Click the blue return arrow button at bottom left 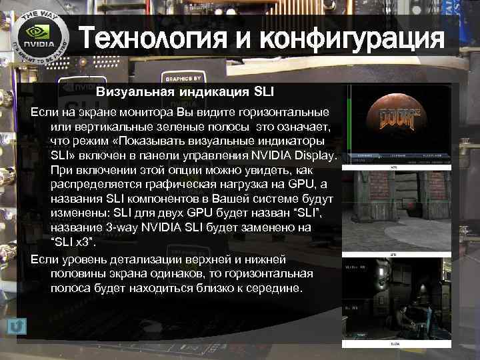click(x=18, y=325)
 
